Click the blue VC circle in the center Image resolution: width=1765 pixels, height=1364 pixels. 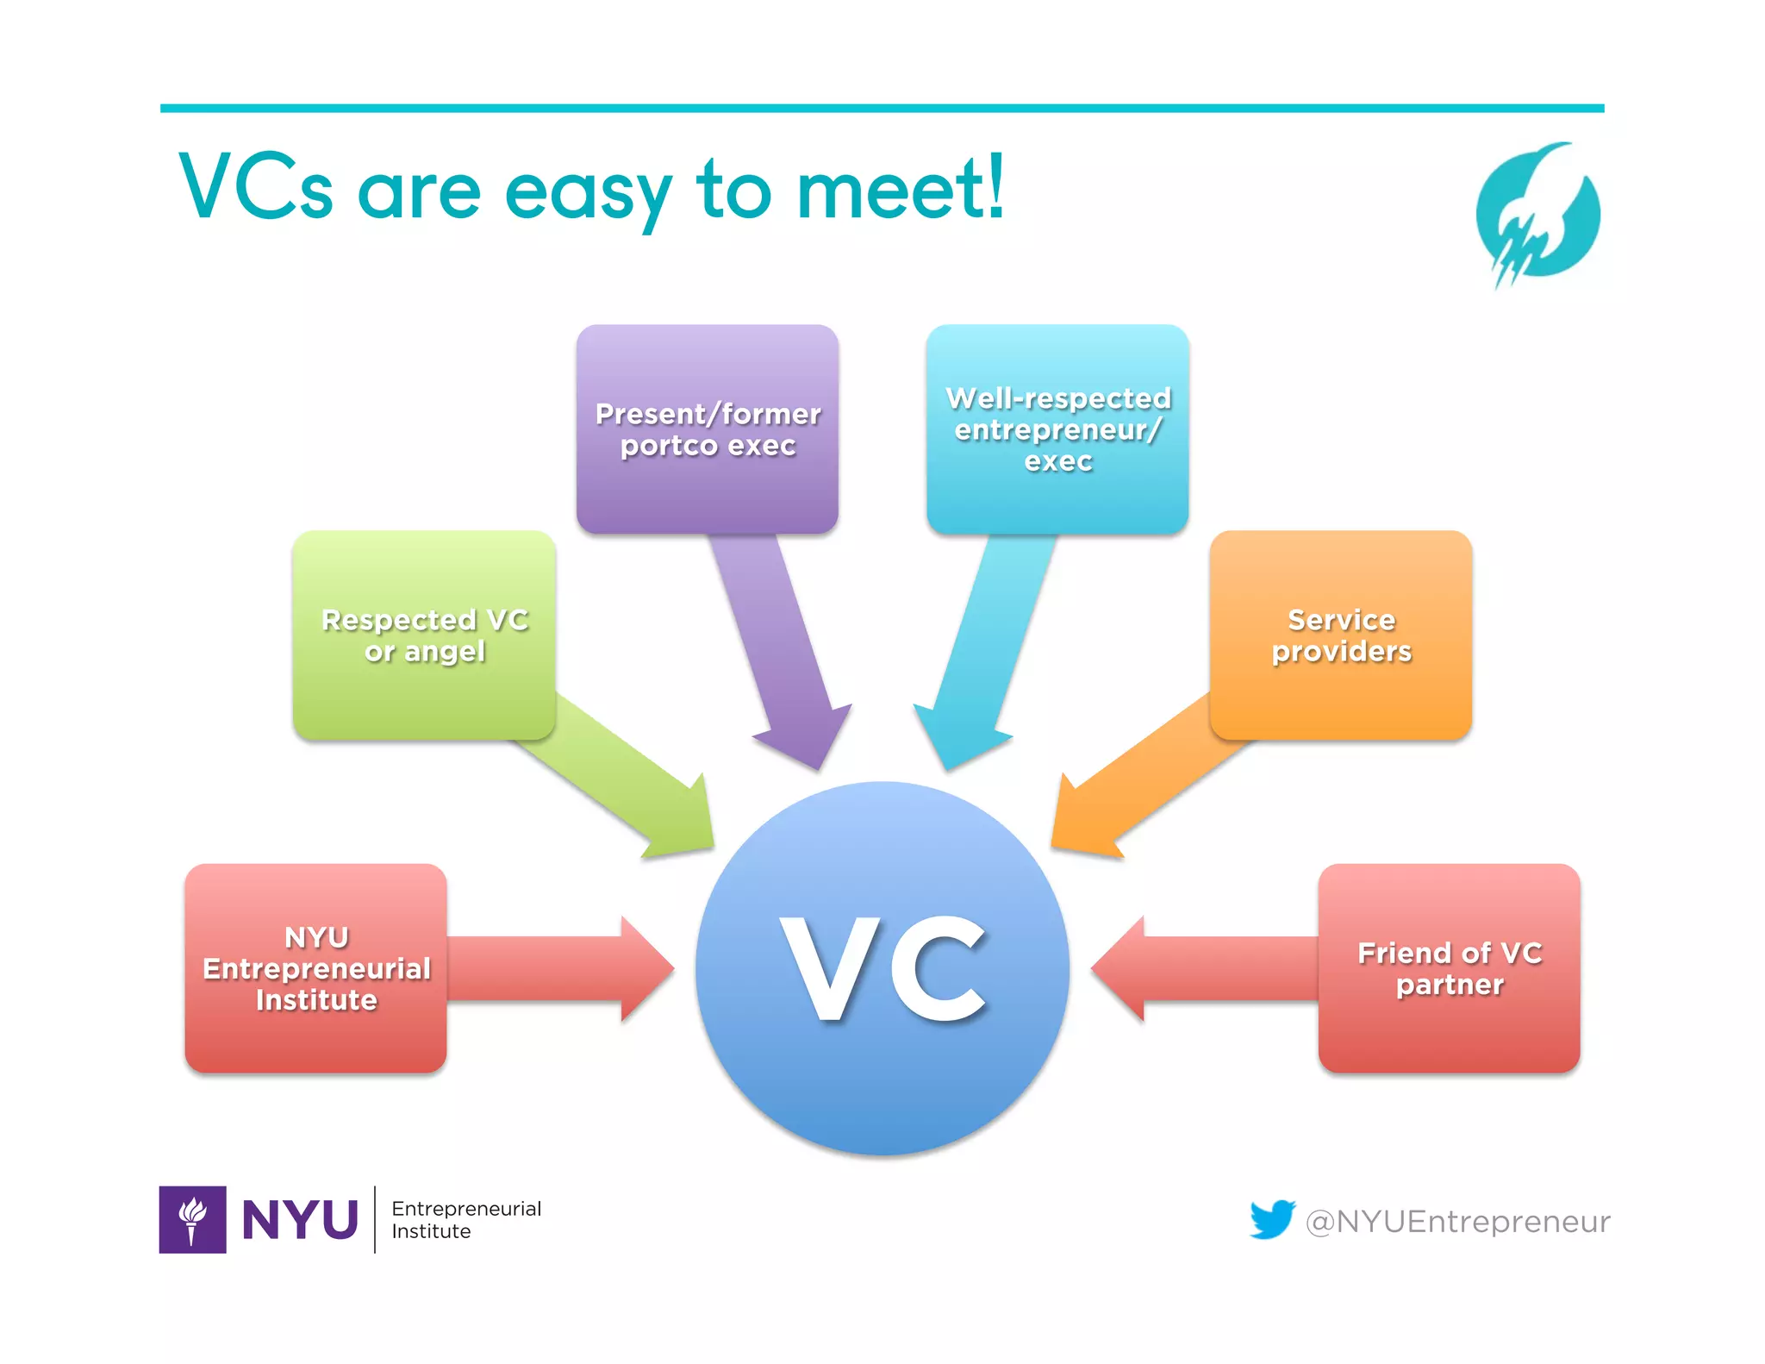click(882, 967)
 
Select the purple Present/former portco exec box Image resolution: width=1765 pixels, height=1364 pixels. click(708, 429)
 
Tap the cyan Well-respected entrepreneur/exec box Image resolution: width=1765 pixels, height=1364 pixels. click(1057, 429)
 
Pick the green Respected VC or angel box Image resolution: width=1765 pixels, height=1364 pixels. click(424, 635)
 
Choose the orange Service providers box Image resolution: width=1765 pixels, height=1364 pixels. click(1340, 635)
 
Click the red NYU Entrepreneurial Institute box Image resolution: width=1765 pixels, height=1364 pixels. click(315, 967)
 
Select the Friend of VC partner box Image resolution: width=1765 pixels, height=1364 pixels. click(1449, 967)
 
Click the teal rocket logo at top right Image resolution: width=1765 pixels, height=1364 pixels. click(1537, 215)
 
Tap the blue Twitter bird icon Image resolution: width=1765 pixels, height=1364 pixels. click(1272, 1219)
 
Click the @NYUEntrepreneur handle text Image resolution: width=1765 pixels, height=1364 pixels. click(1457, 1221)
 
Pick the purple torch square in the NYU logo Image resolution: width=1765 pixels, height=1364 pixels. click(192, 1219)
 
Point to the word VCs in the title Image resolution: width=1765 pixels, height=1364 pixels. click(256, 187)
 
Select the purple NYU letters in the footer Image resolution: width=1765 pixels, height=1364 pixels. click(300, 1219)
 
